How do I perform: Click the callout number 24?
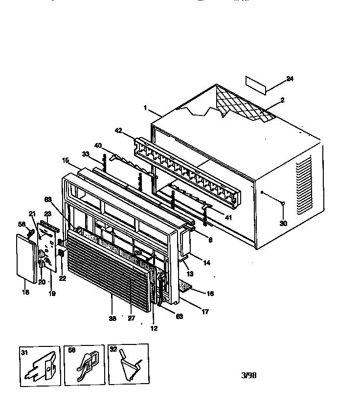(290, 79)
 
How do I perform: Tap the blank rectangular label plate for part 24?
(255, 85)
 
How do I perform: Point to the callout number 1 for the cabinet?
(145, 108)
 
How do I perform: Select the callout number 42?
(118, 131)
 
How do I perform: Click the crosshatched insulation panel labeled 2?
(245, 105)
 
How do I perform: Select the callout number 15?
(65, 160)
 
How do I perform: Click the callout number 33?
(86, 154)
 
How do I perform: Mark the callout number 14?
(207, 263)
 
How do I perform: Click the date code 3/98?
(248, 376)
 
